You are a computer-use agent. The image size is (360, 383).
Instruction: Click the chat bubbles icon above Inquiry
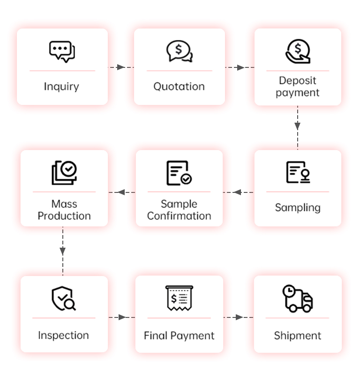click(x=62, y=52)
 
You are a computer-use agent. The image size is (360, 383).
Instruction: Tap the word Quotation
click(x=179, y=87)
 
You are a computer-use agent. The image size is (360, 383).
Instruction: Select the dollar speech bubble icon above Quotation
click(x=179, y=51)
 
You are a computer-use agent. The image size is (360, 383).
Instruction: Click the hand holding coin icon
click(x=298, y=52)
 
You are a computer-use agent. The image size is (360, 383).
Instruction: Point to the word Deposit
click(x=297, y=81)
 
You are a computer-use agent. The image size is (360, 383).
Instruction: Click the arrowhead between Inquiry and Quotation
click(x=121, y=67)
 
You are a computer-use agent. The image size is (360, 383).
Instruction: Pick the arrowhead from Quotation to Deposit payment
click(x=241, y=67)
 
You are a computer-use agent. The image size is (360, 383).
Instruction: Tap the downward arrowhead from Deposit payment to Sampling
click(x=297, y=126)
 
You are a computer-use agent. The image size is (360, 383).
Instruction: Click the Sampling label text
click(x=298, y=207)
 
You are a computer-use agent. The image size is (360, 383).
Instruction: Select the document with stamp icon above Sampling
click(x=298, y=172)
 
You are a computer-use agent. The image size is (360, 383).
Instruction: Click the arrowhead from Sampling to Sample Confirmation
click(x=237, y=192)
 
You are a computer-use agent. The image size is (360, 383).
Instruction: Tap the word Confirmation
click(x=179, y=216)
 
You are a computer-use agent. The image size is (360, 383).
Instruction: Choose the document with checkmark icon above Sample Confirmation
click(x=179, y=173)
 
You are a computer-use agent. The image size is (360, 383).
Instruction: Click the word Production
click(x=64, y=216)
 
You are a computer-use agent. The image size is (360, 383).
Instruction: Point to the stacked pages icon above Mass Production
click(x=64, y=173)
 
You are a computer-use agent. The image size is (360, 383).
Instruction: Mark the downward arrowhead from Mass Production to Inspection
click(x=63, y=251)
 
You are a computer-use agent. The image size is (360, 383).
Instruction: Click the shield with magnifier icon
click(x=64, y=298)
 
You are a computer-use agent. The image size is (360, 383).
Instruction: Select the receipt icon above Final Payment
click(x=179, y=298)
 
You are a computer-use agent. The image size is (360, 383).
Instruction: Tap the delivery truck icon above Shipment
click(x=298, y=298)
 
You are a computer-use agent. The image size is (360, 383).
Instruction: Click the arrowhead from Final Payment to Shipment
click(x=240, y=317)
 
